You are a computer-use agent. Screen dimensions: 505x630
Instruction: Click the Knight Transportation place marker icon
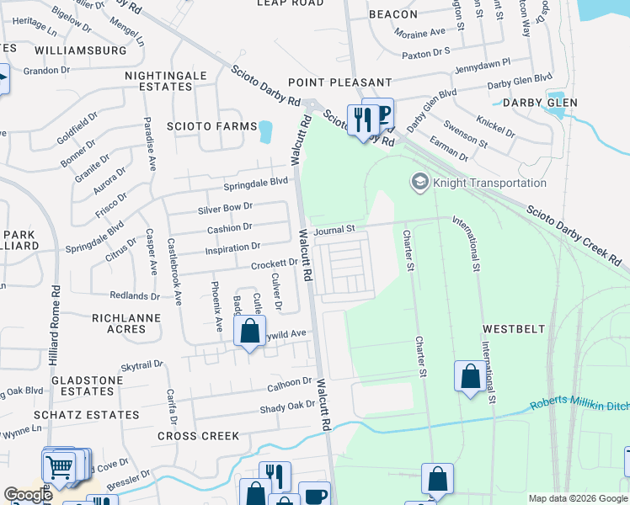click(419, 182)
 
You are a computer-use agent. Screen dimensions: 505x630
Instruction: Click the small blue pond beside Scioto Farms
click(266, 131)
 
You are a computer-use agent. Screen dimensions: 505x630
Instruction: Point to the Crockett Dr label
click(275, 263)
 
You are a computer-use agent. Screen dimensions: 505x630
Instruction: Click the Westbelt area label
click(514, 328)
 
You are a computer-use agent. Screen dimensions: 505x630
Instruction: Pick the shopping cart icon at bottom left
click(58, 465)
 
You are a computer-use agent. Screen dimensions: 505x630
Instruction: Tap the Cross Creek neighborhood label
click(198, 436)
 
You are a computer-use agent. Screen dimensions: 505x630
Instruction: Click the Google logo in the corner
click(28, 495)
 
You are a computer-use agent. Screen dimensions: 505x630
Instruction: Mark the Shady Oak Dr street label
click(286, 406)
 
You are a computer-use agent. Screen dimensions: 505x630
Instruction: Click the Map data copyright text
click(577, 498)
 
